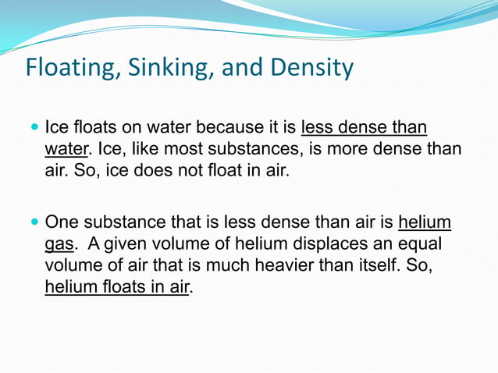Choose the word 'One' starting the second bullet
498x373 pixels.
(63, 224)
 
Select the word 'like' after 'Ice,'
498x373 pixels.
(156, 148)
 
